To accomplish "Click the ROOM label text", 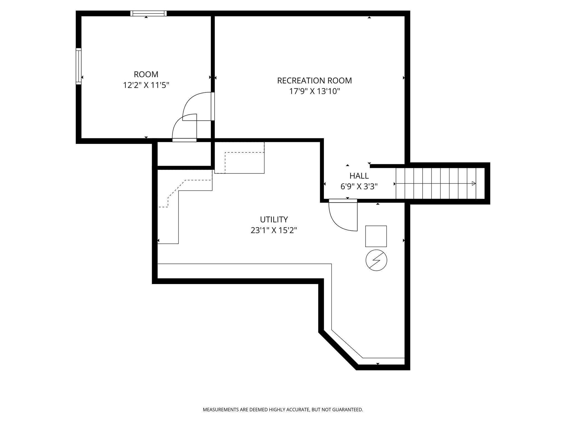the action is [146, 75].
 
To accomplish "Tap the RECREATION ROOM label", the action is [315, 81].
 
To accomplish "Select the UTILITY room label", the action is [274, 219].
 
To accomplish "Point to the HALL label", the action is [359, 176].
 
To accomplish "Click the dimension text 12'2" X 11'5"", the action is [146, 85].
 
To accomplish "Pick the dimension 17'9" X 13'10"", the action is [315, 91].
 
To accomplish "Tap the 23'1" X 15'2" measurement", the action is [274, 230].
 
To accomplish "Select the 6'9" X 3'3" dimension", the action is [359, 187].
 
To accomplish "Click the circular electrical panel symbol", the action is [376, 260].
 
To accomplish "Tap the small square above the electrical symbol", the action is [376, 236].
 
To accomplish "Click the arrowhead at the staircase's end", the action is [474, 184].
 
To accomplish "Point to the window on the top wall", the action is [148, 13].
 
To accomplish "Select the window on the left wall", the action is [79, 66].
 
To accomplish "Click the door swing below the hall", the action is [343, 215].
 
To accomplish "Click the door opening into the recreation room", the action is [198, 106].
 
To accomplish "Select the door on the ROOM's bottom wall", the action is [184, 128].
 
